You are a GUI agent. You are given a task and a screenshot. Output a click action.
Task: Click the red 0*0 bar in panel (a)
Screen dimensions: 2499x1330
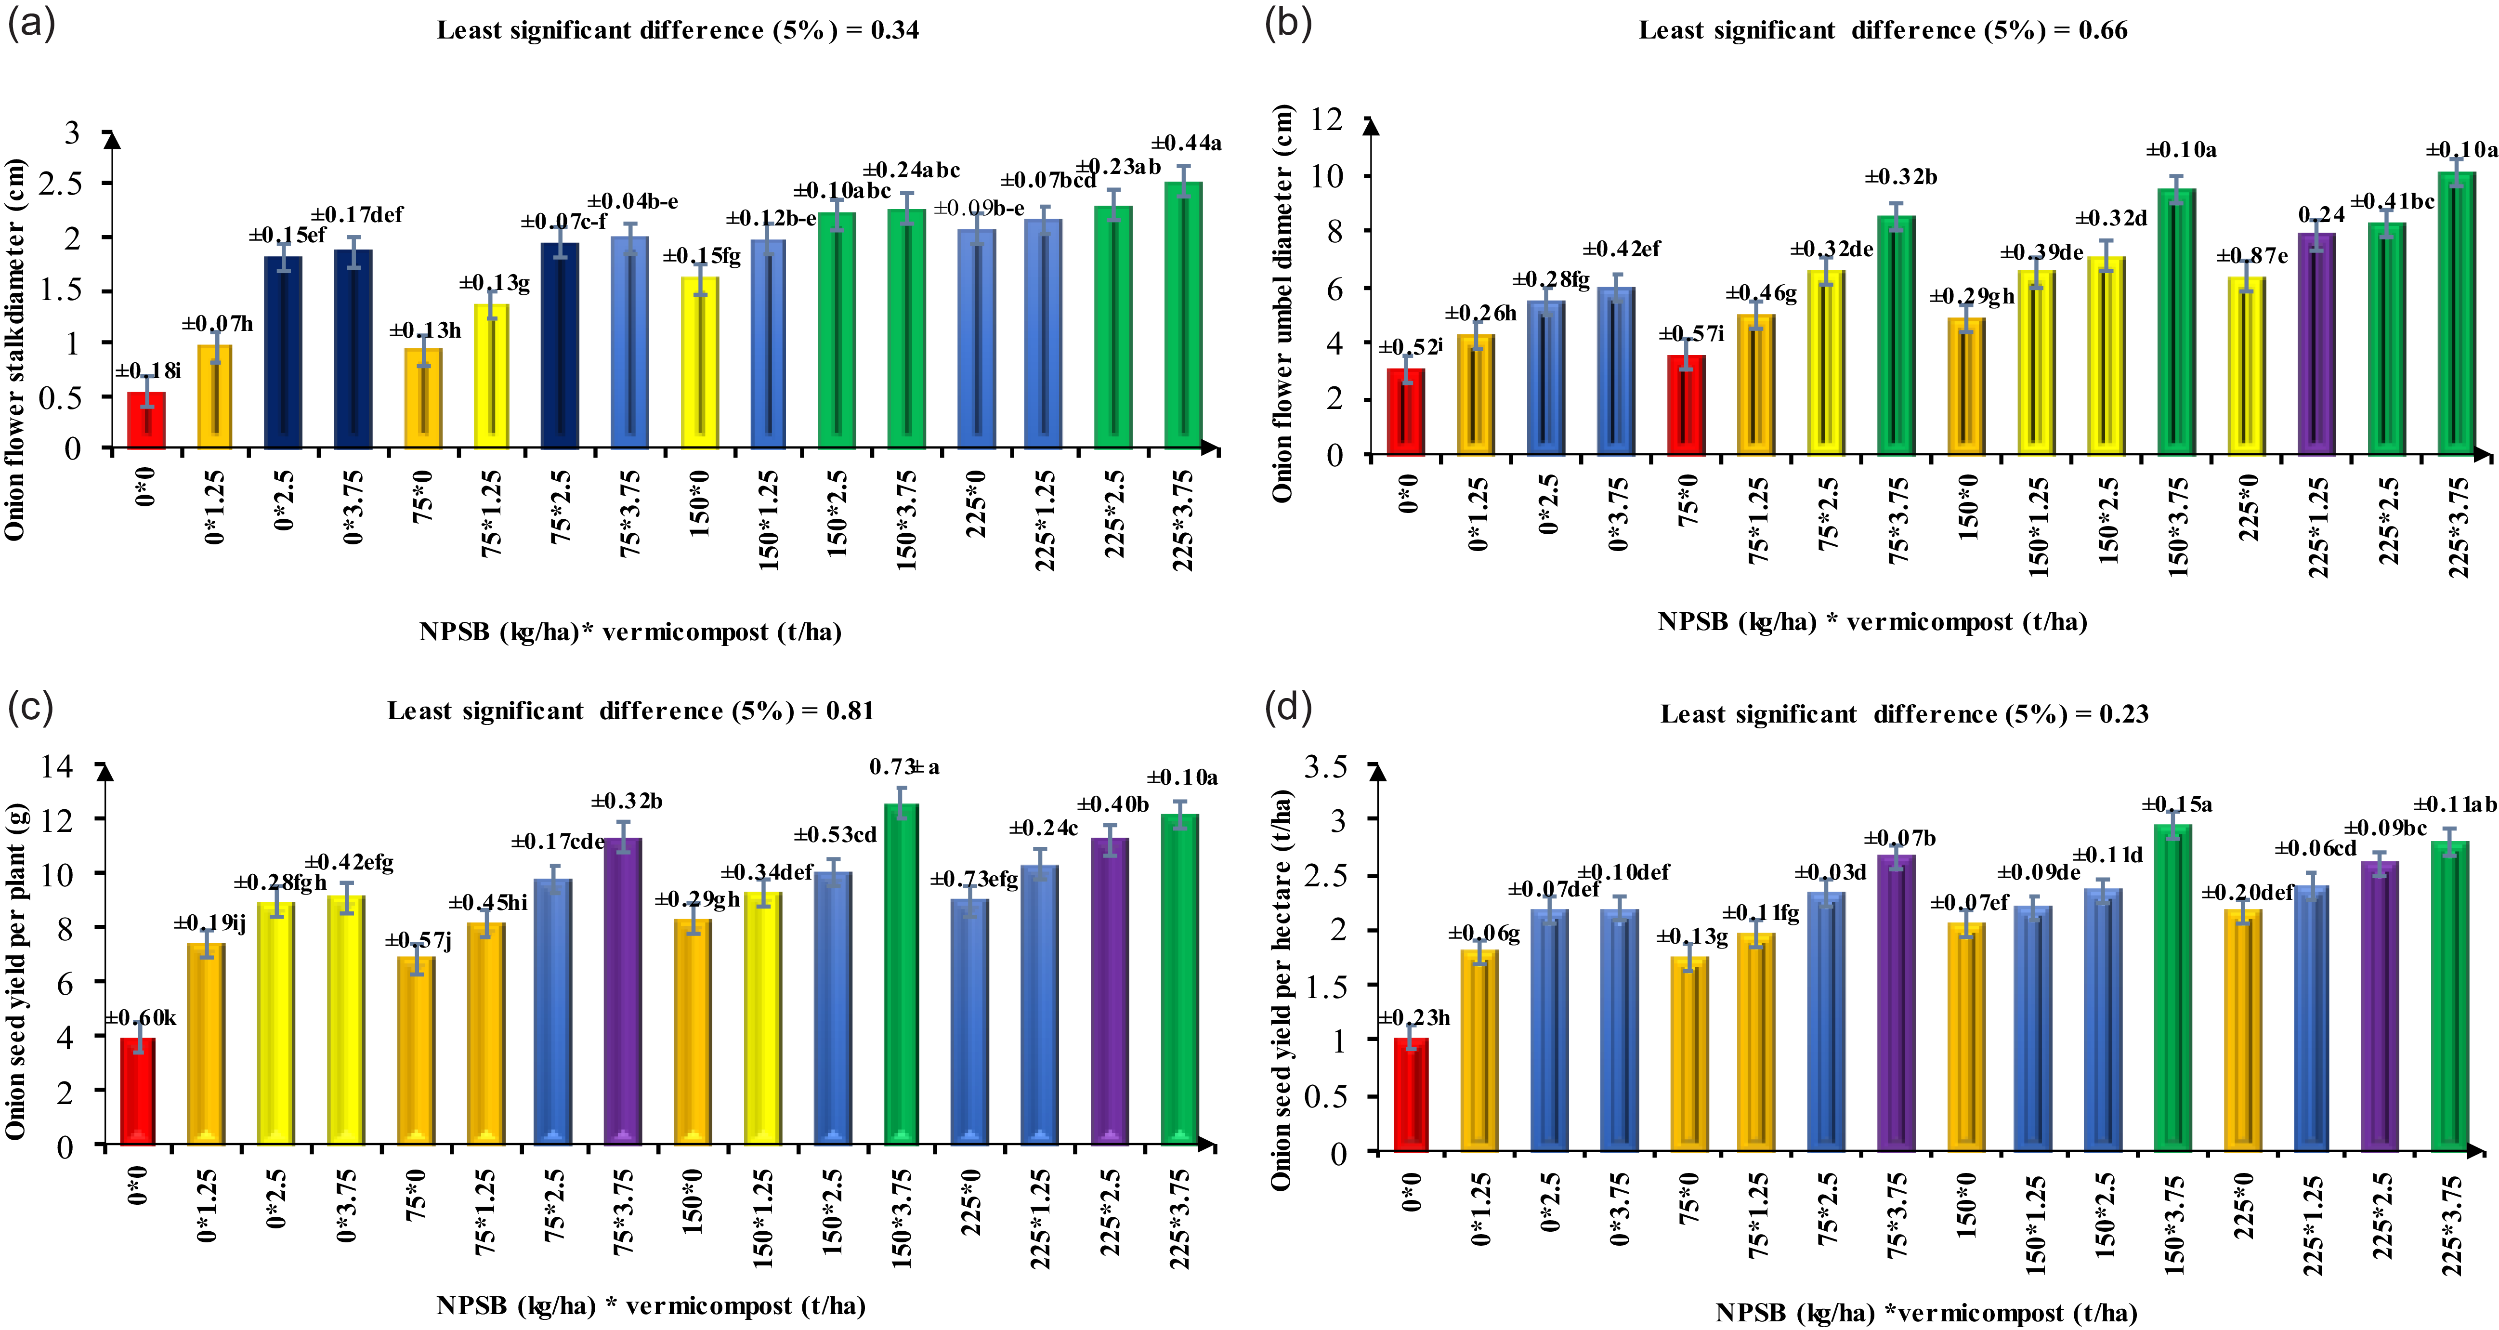tap(146, 420)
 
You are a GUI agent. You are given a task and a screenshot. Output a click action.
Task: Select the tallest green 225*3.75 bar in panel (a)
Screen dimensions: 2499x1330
tap(1184, 316)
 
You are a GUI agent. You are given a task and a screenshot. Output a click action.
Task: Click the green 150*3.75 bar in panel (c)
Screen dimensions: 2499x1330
tap(901, 974)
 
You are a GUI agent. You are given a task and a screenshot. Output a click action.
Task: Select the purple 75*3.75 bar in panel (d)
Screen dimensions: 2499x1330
tap(1897, 1003)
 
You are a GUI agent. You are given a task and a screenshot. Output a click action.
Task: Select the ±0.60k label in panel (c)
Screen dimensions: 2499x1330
tap(141, 1018)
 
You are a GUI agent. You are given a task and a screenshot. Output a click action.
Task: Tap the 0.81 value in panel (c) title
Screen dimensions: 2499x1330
tap(850, 711)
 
